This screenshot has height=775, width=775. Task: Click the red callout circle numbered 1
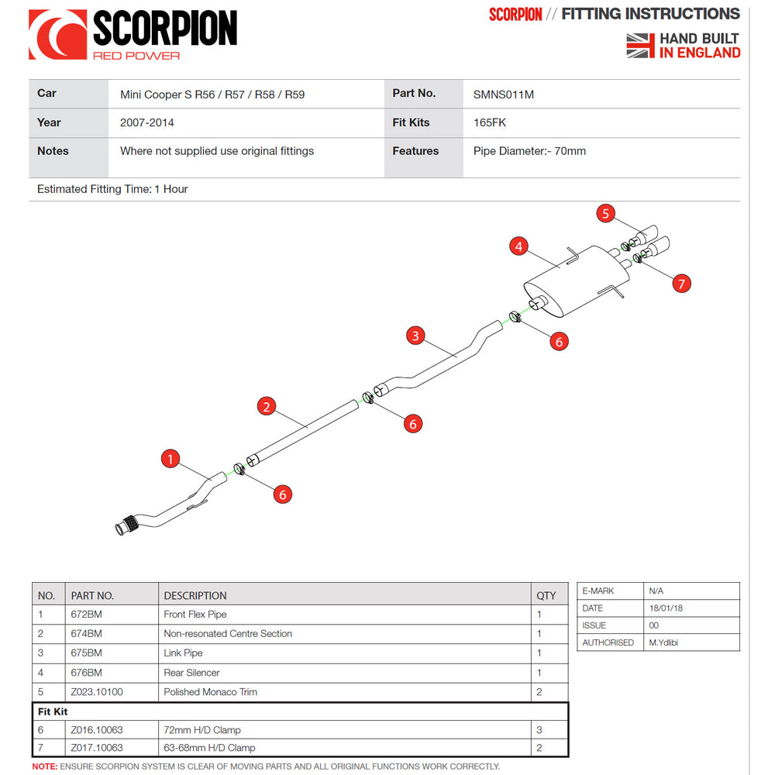point(170,459)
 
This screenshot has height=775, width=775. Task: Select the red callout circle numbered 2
point(266,406)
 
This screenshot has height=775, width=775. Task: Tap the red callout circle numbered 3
point(416,336)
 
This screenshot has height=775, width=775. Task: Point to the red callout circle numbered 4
point(519,247)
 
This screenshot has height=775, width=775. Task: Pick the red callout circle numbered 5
point(606,213)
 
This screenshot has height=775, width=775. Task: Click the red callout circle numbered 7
point(681,284)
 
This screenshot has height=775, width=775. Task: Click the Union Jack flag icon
point(640,45)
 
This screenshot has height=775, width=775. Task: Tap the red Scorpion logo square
point(57,35)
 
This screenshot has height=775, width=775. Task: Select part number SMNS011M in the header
point(504,95)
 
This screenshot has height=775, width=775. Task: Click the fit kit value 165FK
point(490,122)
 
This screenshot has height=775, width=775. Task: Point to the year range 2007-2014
point(147,122)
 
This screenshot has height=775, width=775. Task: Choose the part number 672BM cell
point(86,615)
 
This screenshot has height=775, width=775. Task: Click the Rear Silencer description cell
point(191,673)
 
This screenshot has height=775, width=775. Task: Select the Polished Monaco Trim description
point(210,692)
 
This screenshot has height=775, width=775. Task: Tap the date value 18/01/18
point(666,608)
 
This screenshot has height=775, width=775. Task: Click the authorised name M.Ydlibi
point(663,642)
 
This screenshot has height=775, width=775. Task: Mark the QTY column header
point(546,595)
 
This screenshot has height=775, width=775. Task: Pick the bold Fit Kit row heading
point(53,711)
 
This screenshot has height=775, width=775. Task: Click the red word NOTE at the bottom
point(44,766)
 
